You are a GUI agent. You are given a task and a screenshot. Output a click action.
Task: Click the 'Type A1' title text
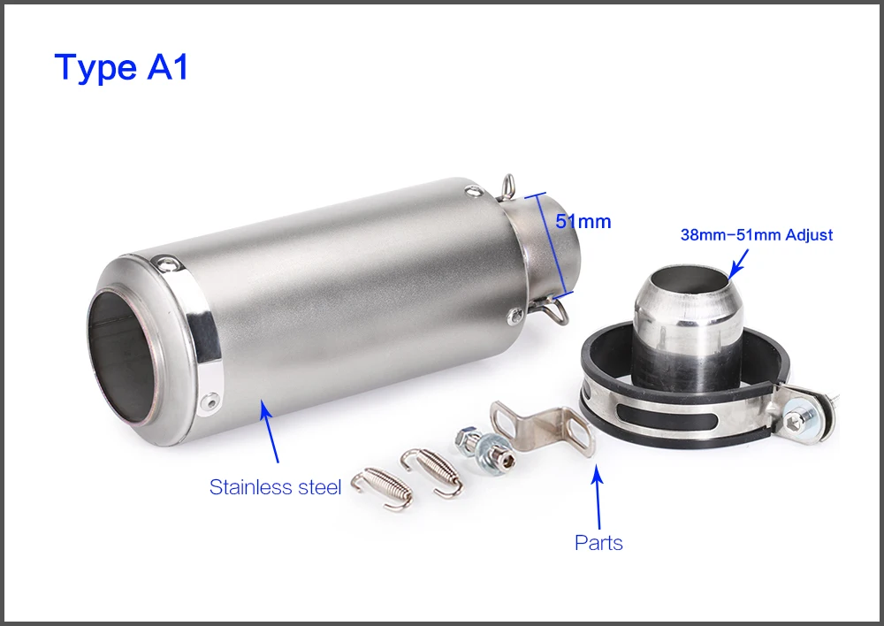[x=121, y=67]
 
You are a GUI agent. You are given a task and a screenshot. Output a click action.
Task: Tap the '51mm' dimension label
[x=583, y=221]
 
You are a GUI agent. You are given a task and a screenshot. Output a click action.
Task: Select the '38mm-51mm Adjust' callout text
[x=757, y=234]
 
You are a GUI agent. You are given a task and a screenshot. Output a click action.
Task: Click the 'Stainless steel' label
[x=275, y=486]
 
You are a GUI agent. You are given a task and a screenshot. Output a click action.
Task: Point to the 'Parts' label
[x=598, y=543]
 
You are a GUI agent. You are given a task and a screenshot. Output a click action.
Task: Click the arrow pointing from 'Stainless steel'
[x=269, y=431]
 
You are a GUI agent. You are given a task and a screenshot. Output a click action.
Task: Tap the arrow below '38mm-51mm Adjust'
[x=738, y=263]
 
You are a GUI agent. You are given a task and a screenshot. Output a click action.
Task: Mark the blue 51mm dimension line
[x=549, y=245]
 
